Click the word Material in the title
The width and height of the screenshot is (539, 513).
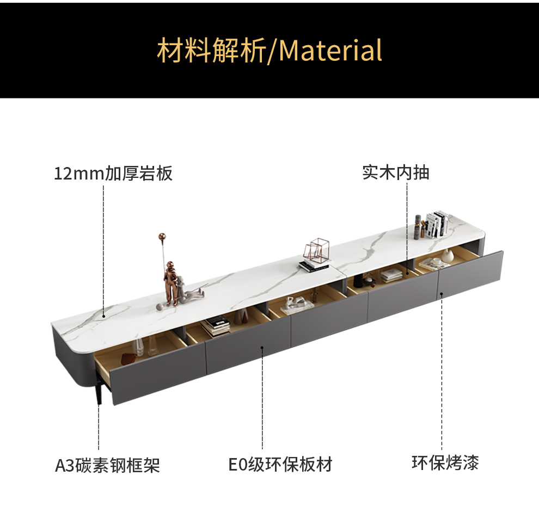pos(330,51)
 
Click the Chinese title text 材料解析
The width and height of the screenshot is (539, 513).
pos(211,51)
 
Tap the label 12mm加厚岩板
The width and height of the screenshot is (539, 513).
pos(113,174)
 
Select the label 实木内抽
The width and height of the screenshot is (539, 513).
pos(396,172)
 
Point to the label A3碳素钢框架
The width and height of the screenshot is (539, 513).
pos(107,466)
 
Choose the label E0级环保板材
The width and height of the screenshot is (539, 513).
pos(280,465)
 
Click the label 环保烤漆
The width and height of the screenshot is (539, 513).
pos(445,463)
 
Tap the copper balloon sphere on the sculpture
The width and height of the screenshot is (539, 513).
pos(161,237)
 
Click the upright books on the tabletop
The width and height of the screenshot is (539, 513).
pos(437,224)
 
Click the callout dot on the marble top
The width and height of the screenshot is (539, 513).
pos(103,314)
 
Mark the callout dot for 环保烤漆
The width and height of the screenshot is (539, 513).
pos(442,294)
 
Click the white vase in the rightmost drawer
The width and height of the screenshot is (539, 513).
pos(448,256)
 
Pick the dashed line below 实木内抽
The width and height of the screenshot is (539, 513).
pos(407,228)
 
